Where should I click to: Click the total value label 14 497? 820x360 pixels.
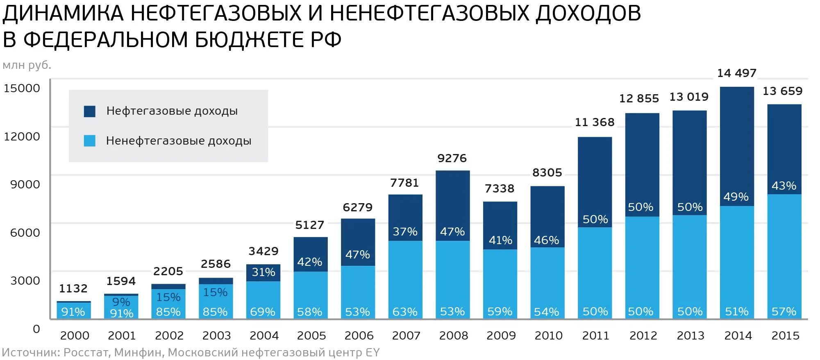(x=736, y=73)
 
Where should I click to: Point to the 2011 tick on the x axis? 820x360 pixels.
(x=595, y=336)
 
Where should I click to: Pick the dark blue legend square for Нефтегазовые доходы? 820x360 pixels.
(x=89, y=111)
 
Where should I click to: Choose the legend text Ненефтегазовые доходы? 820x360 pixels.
(x=178, y=141)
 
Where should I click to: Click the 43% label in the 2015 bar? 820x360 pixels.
(x=784, y=186)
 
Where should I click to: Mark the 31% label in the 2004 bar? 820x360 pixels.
(x=263, y=272)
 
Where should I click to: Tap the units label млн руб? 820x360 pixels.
(x=27, y=65)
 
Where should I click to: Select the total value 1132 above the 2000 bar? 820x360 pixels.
(x=73, y=289)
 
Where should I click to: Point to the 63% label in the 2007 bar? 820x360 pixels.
(x=404, y=312)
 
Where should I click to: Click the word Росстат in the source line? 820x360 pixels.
(x=86, y=353)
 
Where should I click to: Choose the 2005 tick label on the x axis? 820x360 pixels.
(x=311, y=336)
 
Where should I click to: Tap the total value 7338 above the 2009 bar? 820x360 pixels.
(x=499, y=189)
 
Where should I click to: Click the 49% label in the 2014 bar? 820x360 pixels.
(x=736, y=197)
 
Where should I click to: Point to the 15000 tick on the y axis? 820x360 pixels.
(x=22, y=88)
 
